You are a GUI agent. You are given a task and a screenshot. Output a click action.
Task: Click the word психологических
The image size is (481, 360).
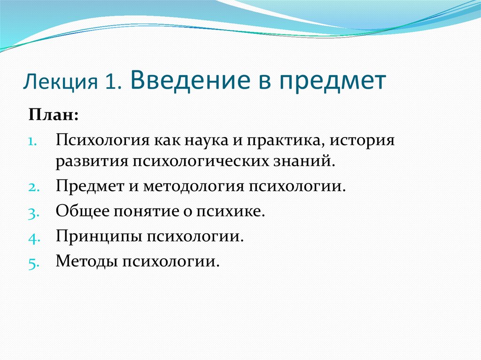click(x=201, y=162)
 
